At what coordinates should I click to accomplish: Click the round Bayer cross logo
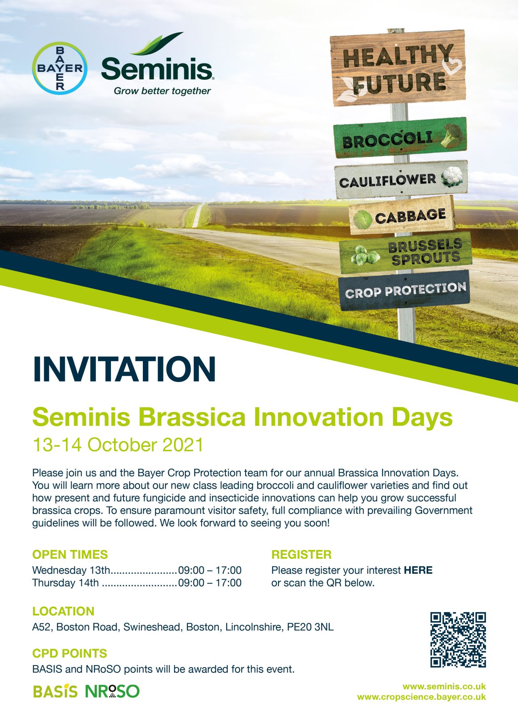pyautogui.click(x=59, y=68)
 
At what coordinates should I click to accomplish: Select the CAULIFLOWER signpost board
pyautogui.click(x=401, y=180)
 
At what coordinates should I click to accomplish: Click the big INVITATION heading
pyautogui.click(x=124, y=369)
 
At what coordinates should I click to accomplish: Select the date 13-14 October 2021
pyautogui.click(x=118, y=445)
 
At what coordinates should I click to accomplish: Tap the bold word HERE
pyautogui.click(x=418, y=570)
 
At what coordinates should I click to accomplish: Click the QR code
pyautogui.click(x=458, y=640)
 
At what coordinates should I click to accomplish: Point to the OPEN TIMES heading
pyautogui.click(x=70, y=554)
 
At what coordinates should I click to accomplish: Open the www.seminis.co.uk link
pyautogui.click(x=444, y=686)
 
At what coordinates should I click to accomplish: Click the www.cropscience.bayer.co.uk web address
pyautogui.click(x=421, y=697)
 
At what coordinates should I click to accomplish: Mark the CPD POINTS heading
pyautogui.click(x=70, y=653)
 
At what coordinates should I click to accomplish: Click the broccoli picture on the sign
pyautogui.click(x=452, y=135)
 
